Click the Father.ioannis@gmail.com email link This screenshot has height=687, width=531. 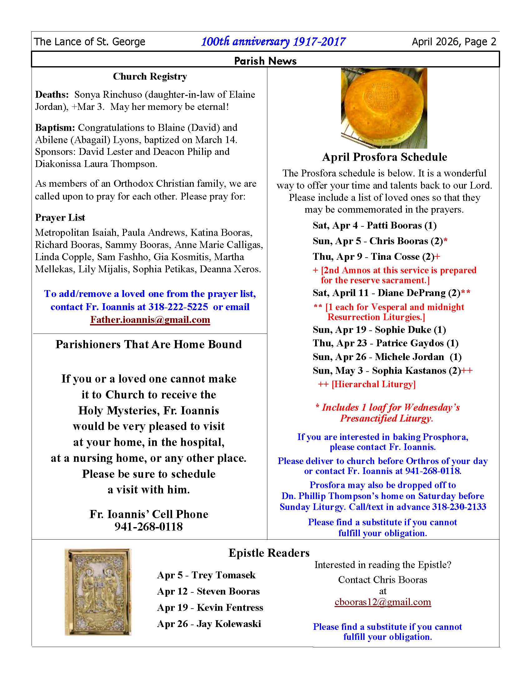pyautogui.click(x=150, y=319)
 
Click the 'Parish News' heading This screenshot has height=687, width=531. pyautogui.click(x=265, y=60)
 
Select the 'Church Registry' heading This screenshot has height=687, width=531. pyautogui.click(x=150, y=77)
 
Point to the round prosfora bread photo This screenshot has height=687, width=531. pyautogui.click(x=384, y=108)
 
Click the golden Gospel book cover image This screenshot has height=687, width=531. pyautogui.click(x=98, y=592)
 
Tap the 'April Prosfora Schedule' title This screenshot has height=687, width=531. pyautogui.click(x=385, y=157)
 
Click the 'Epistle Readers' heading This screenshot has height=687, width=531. pyautogui.click(x=269, y=553)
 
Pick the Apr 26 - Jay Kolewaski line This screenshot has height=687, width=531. pyautogui.click(x=209, y=624)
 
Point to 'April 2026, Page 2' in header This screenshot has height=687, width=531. pyautogui.click(x=454, y=42)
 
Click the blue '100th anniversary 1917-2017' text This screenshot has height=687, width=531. pyautogui.click(x=273, y=42)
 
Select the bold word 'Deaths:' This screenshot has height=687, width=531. pyautogui.click(x=52, y=95)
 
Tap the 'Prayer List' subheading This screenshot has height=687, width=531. pyautogui.click(x=60, y=218)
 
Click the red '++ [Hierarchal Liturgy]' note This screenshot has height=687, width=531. pyautogui.click(x=367, y=384)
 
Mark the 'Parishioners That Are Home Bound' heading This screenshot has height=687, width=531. pyautogui.click(x=149, y=344)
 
